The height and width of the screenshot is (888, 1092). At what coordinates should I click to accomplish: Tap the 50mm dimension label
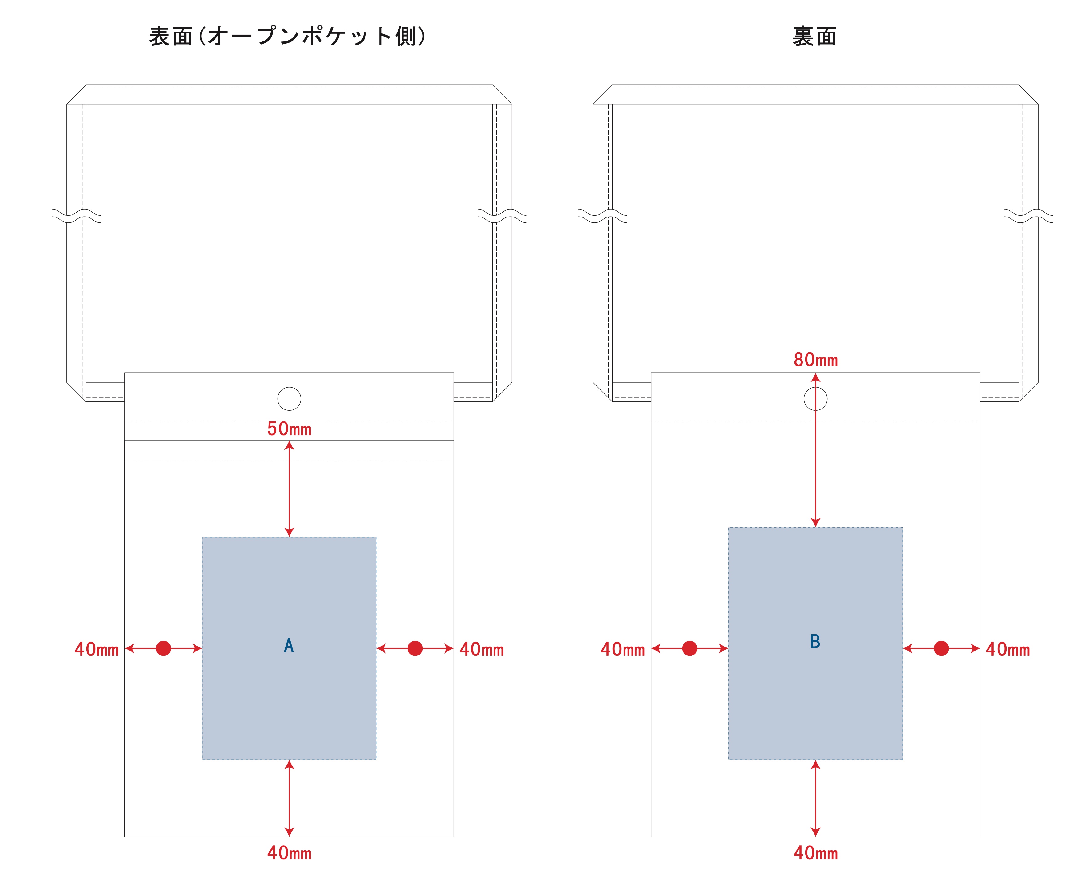tap(289, 429)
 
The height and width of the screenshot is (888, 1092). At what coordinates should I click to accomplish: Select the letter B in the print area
tap(815, 641)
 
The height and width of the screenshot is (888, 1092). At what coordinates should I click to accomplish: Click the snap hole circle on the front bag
tap(289, 398)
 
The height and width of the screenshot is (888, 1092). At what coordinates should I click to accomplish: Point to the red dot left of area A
tap(163, 648)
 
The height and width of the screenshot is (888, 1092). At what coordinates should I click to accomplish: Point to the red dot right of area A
tap(415, 648)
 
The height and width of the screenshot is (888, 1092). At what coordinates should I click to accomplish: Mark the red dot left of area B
tap(689, 648)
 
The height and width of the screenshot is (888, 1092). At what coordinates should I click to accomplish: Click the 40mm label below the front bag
tap(289, 853)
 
